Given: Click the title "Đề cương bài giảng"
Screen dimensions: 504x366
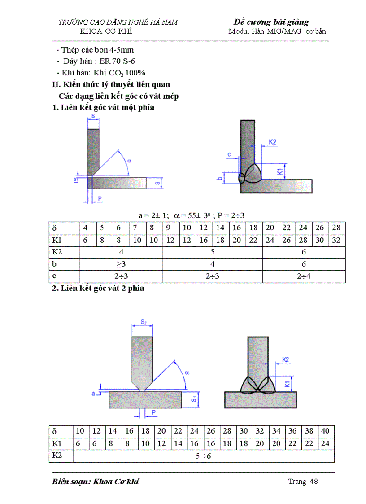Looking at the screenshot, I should (271, 22).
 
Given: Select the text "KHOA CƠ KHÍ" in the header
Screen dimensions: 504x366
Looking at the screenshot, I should (106, 31).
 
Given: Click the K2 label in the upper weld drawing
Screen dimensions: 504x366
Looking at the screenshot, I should (272, 142).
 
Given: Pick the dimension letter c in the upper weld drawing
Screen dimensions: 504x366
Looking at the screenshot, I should (229, 155).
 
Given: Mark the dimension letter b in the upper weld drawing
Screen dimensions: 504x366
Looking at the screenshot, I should (220, 179).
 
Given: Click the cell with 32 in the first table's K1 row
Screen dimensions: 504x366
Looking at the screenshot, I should (336, 240).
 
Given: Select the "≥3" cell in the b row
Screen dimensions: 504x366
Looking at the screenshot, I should (121, 264).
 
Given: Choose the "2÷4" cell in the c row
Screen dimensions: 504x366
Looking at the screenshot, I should (304, 276).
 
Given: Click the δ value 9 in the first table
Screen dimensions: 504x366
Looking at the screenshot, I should (170, 228).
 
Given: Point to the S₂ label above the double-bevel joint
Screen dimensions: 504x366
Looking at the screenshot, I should (143, 322).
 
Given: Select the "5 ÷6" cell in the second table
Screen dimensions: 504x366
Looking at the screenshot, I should (203, 456).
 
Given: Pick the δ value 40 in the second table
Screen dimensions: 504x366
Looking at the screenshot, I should (326, 431).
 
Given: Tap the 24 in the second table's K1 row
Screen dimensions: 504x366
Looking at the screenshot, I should (326, 443).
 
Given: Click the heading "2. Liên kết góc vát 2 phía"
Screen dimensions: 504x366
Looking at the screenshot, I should (98, 288).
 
